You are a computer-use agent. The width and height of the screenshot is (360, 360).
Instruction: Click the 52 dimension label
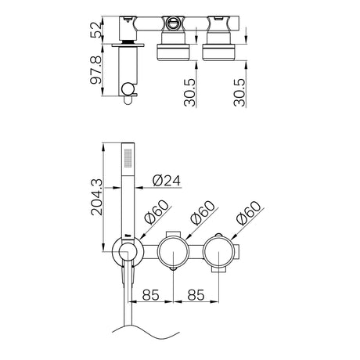coord(95,30)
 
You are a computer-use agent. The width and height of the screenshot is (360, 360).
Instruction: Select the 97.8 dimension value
coord(95,70)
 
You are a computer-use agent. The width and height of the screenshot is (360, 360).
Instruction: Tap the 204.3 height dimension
coord(97,197)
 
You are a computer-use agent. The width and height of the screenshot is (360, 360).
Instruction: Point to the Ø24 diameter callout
coord(167,181)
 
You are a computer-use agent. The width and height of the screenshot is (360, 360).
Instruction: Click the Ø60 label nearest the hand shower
coord(157,212)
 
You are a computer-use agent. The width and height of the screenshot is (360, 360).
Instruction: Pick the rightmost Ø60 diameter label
coord(248,213)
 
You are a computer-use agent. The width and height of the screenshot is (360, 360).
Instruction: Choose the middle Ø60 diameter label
coord(203,213)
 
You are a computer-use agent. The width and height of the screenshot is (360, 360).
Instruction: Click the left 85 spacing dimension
coord(150,295)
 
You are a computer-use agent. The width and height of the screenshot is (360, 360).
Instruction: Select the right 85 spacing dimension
coord(196,295)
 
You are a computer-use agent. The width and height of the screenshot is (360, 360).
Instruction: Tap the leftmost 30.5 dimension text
coord(189,92)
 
